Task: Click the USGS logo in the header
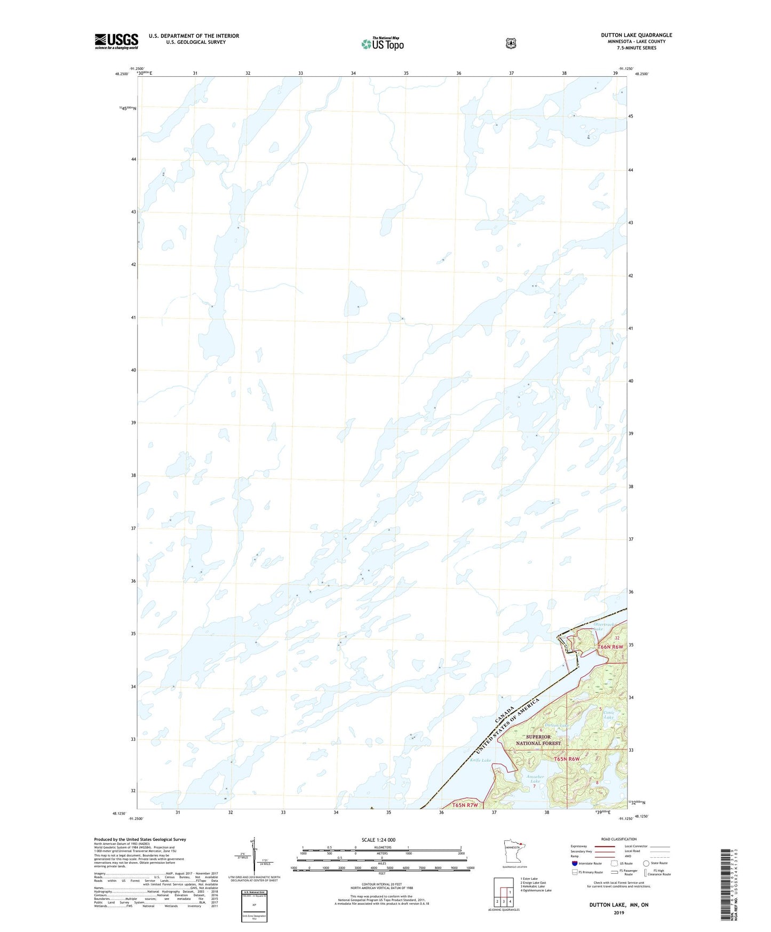[116, 41]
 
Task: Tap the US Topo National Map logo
[382, 43]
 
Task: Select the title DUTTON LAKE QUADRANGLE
[636, 35]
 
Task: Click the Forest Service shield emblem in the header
[511, 43]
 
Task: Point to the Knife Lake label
[480, 760]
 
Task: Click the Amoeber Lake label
[535, 779]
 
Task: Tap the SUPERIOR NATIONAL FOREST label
[538, 740]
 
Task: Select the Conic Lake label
[609, 715]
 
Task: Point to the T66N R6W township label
[610, 647]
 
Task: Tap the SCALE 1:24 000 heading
[378, 840]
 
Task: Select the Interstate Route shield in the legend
[574, 863]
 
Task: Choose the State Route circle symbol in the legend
[646, 863]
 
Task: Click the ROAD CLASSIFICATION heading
[618, 839]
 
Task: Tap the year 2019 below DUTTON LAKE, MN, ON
[618, 912]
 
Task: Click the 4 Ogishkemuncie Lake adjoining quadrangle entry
[536, 890]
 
